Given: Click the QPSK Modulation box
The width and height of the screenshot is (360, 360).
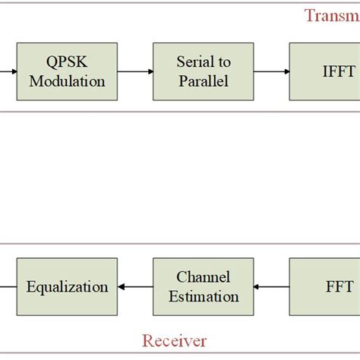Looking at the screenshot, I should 67,71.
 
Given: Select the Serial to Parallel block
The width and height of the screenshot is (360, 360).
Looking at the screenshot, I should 203,71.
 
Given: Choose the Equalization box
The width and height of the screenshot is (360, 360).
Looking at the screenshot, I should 67,287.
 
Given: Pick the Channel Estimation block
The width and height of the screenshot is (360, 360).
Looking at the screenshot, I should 203,287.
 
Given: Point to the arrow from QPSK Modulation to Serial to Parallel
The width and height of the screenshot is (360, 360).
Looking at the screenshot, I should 134,72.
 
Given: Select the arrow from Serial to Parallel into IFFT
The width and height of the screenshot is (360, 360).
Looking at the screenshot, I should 271,72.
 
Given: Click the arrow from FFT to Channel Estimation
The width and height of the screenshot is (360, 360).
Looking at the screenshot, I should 271,288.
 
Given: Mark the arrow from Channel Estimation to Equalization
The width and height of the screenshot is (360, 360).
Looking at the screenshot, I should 134,288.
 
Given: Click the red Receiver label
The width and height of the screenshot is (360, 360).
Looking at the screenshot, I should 175,341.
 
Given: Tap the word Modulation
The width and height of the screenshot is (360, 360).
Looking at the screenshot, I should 67,81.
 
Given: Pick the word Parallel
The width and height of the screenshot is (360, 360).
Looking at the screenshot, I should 203,81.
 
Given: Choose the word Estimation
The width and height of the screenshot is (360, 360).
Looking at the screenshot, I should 203,296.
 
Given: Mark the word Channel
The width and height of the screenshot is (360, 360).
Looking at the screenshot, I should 203,278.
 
